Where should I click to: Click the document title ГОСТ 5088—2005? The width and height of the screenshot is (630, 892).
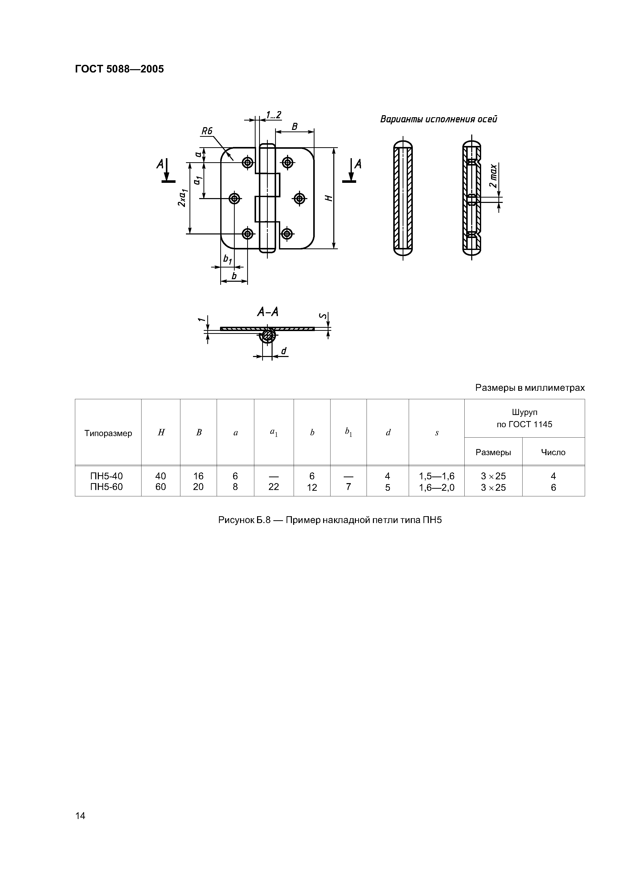(119, 69)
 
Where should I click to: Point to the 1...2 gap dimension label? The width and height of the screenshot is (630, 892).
(273, 115)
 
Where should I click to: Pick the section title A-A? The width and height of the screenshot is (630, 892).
(267, 312)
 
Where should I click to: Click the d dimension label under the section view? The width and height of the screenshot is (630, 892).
(284, 351)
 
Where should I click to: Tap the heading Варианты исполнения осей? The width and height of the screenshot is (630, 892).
(438, 119)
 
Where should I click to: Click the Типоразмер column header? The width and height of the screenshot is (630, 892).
(108, 433)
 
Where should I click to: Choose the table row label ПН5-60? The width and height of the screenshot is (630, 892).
(106, 487)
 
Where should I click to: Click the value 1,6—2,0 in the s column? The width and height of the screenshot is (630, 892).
(436, 487)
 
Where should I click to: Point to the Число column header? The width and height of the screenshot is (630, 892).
(553, 452)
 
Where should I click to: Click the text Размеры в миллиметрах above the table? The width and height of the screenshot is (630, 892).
(529, 388)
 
